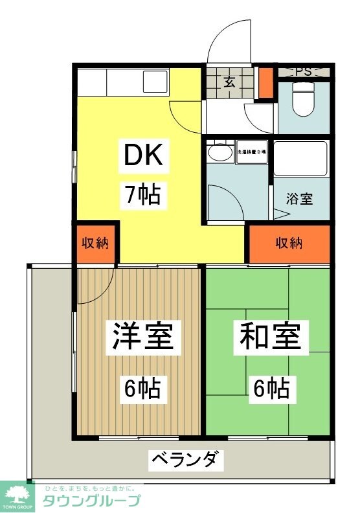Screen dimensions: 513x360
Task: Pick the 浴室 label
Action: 300,199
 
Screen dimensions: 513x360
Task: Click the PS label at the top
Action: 303,72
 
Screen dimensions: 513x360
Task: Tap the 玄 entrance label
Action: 229,82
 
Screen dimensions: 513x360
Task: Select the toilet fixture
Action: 303,100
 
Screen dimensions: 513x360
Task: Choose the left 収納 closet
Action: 95,244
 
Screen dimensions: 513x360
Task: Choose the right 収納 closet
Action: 289,244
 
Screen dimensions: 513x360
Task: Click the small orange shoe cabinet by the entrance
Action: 265,82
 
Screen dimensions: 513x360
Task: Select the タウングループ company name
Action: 91,501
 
